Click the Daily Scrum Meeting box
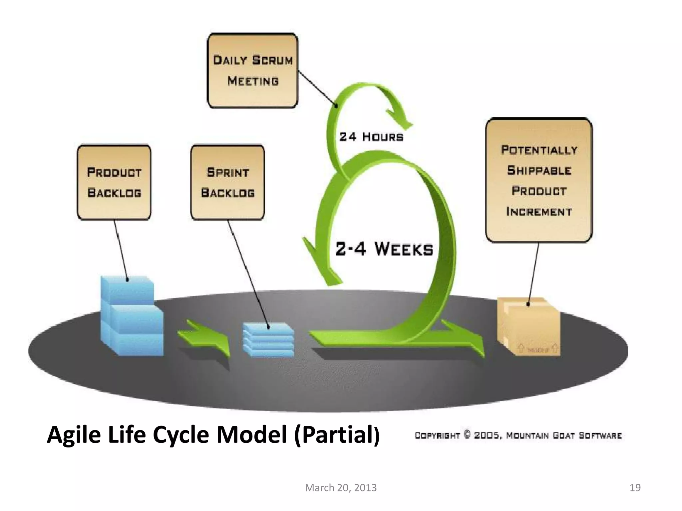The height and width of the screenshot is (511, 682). click(252, 71)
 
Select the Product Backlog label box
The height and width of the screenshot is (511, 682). click(114, 182)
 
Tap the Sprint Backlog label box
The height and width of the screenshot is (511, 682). click(227, 182)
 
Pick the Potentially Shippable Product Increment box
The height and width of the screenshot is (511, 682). click(538, 180)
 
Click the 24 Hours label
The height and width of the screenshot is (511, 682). click(371, 137)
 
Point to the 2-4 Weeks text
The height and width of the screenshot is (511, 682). click(384, 249)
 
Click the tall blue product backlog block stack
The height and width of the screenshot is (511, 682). click(132, 316)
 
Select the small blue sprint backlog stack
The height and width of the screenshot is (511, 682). click(268, 339)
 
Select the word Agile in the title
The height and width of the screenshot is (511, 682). click(73, 435)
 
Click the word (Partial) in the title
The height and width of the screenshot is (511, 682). click(336, 435)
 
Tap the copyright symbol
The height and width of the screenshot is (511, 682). click(467, 435)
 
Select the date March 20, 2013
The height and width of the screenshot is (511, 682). click(341, 488)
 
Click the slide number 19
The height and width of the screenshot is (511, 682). click(635, 488)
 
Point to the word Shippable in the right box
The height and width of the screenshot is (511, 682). click(539, 171)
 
